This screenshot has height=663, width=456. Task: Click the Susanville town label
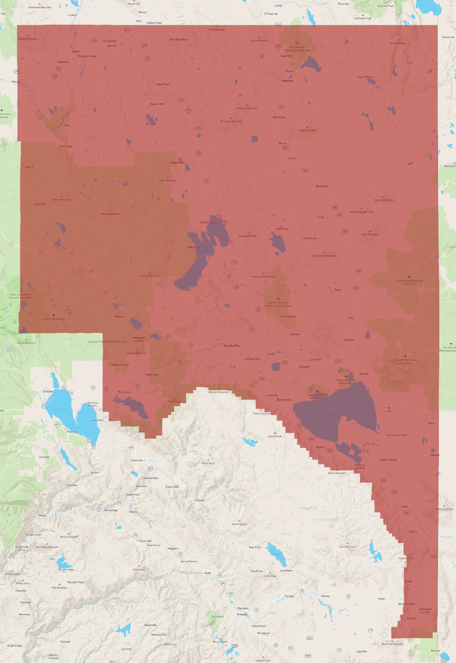click(x=231, y=345)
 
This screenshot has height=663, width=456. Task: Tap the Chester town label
click(x=49, y=391)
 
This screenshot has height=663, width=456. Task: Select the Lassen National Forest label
click(x=107, y=342)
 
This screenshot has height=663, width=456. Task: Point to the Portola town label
click(x=289, y=596)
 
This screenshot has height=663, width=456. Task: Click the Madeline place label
click(x=288, y=81)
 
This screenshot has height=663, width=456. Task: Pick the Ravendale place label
click(x=322, y=186)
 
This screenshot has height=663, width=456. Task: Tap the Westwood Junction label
click(x=138, y=339)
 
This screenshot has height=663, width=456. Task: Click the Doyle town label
click(x=405, y=507)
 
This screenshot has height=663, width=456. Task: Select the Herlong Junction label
click(x=360, y=467)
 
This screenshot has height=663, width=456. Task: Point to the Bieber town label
click(x=76, y=51)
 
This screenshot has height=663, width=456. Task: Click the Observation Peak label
click(x=383, y=200)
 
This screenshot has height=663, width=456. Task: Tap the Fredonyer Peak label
click(x=248, y=236)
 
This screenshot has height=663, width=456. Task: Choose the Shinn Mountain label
click(x=370, y=235)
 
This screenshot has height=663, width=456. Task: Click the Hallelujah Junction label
click(x=425, y=611)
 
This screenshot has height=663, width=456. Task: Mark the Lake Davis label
click(x=286, y=571)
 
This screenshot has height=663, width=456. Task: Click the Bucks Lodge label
click(x=66, y=569)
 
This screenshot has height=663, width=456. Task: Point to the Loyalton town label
click(x=362, y=652)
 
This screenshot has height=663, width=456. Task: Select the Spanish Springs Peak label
click(x=361, y=212)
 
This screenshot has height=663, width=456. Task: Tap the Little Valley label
click(x=65, y=146)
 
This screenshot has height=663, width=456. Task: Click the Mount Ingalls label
click(x=239, y=524)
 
